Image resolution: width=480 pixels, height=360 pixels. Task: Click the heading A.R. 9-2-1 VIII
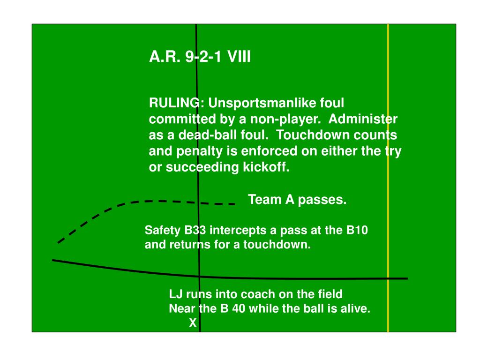(200, 57)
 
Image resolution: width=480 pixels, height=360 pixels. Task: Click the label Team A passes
(297, 200)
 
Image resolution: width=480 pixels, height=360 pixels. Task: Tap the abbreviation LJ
(175, 294)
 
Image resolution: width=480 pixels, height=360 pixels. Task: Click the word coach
(261, 294)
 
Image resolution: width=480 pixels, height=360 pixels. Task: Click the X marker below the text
(193, 323)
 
